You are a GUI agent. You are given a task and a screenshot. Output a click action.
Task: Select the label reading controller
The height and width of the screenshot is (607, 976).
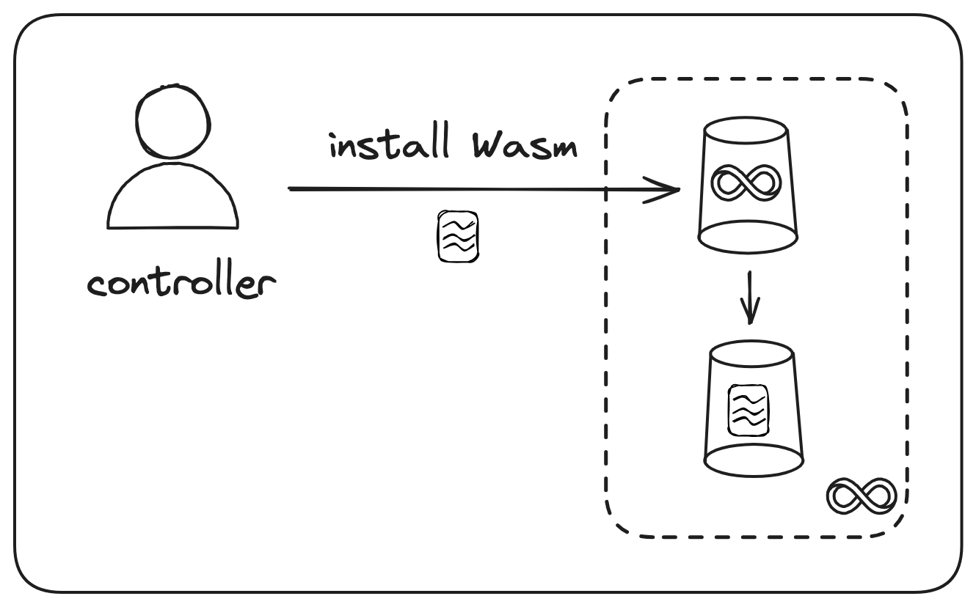point(181,283)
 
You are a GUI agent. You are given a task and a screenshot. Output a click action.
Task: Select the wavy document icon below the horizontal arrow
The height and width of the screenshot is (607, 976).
point(458,236)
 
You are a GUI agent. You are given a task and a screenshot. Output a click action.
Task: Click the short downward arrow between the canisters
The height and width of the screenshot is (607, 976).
point(749,297)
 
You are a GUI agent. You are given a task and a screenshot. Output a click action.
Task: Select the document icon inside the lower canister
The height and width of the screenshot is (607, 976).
point(748,408)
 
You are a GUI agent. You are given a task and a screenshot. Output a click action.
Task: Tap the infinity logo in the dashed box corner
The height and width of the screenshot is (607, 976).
point(862,496)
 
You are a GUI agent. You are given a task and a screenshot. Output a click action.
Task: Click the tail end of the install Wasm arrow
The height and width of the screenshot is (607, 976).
point(292,188)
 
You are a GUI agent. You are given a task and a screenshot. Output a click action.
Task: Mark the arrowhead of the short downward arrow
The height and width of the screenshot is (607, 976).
point(749,317)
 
